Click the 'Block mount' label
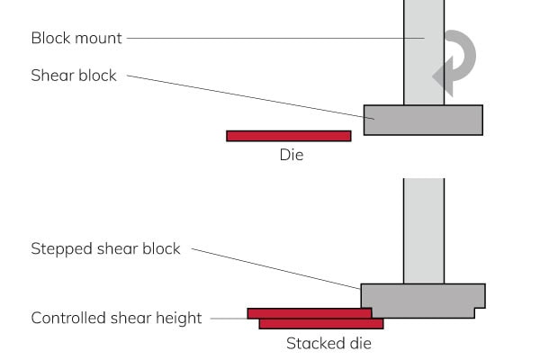click(x=76, y=39)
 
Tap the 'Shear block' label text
click(x=74, y=76)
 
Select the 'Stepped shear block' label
click(x=105, y=248)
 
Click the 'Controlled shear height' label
click(x=116, y=318)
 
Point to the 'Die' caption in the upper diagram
click(x=291, y=155)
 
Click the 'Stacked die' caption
click(x=328, y=343)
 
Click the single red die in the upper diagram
click(x=288, y=136)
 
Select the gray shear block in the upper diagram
click(x=422, y=120)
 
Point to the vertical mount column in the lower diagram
click(x=423, y=229)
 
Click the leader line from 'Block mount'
click(x=270, y=38)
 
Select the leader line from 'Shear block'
click(x=243, y=94)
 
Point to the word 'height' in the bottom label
click(x=179, y=319)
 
